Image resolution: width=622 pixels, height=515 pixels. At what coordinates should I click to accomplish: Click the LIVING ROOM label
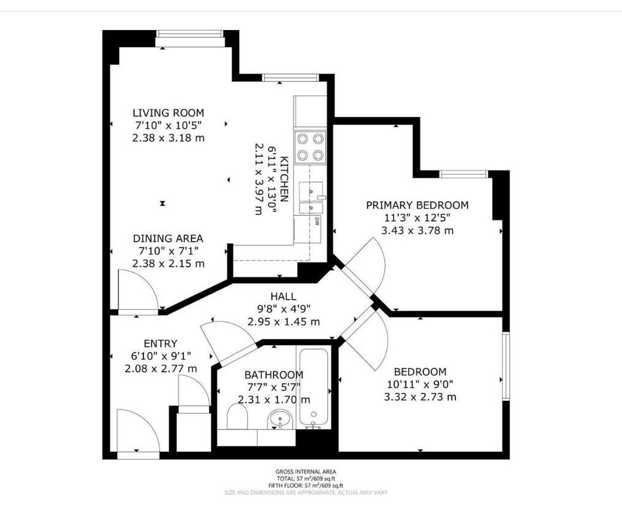168,113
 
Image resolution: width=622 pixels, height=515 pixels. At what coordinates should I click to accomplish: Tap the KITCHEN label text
284,180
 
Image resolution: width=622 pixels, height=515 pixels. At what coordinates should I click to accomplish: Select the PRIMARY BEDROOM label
417,205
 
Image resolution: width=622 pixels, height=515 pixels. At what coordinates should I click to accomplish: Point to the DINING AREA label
168,238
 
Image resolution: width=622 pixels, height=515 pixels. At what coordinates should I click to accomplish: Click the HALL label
283,296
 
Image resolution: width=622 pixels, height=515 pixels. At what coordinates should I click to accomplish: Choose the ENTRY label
161,343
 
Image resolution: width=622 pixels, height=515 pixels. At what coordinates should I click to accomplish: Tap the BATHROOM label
274,375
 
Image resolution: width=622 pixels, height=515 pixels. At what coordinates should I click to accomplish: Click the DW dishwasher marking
317,221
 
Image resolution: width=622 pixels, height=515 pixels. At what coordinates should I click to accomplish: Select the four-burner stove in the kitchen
310,147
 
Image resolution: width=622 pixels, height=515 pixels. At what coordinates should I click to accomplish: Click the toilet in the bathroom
237,417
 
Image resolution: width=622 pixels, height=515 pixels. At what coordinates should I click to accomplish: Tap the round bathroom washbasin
281,420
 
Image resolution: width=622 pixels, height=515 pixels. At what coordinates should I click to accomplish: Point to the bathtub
313,387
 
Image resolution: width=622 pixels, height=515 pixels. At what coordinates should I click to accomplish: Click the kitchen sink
311,197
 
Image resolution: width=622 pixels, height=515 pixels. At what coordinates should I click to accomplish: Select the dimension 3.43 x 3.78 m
417,231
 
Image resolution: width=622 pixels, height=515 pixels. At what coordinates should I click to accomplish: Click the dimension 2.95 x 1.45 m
283,322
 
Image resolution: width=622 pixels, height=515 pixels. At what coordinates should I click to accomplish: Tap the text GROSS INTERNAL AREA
306,471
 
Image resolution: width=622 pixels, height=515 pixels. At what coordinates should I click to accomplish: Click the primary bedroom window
463,174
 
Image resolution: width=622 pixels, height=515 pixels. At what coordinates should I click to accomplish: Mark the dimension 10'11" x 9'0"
420,384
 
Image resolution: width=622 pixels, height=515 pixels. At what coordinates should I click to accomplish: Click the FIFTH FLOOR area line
306,486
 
